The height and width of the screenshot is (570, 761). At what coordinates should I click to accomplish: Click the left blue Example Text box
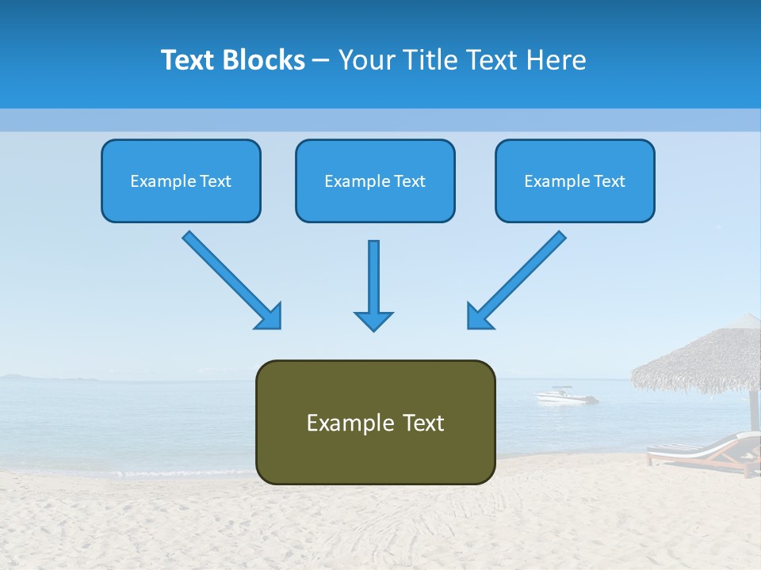[x=181, y=181]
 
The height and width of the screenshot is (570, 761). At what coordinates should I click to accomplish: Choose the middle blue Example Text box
[x=375, y=181]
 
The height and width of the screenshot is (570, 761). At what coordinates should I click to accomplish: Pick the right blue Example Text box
[x=575, y=181]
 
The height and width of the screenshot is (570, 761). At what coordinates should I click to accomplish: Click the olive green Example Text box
[x=375, y=423]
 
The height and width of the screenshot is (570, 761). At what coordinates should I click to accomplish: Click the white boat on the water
[x=564, y=395]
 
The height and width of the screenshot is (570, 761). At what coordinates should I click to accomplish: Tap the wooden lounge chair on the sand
[x=702, y=453]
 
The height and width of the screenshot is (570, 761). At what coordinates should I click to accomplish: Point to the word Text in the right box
[x=608, y=181]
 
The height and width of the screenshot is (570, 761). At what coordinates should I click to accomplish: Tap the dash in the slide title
[x=321, y=60]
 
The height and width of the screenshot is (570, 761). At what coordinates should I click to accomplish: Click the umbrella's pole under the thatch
[x=754, y=408]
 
